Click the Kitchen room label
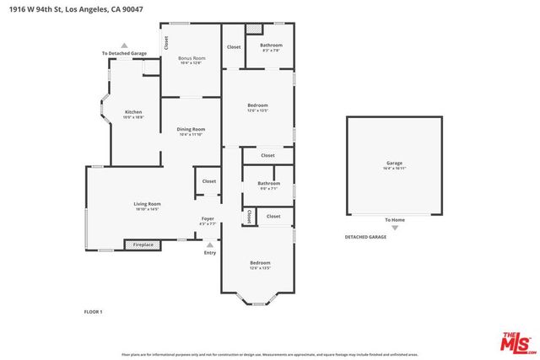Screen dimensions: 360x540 (133, 112)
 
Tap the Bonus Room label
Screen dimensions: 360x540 (191, 59)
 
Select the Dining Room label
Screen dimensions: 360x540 (191, 129)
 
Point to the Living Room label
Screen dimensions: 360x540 (147, 204)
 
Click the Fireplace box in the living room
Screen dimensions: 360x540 (143, 244)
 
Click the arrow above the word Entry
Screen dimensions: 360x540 (209, 244)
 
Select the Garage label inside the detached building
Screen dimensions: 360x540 (394, 163)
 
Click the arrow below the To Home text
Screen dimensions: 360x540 (394, 228)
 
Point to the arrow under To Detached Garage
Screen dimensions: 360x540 (125, 46)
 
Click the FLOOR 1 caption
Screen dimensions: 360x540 (93, 312)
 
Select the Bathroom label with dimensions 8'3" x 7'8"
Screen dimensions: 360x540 (271, 46)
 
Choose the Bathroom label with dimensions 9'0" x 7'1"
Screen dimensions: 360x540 (268, 183)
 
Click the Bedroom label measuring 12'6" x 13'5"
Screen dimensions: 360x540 (260, 263)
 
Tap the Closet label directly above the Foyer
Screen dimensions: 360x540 (208, 181)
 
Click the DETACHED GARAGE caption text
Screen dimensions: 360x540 (365, 238)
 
